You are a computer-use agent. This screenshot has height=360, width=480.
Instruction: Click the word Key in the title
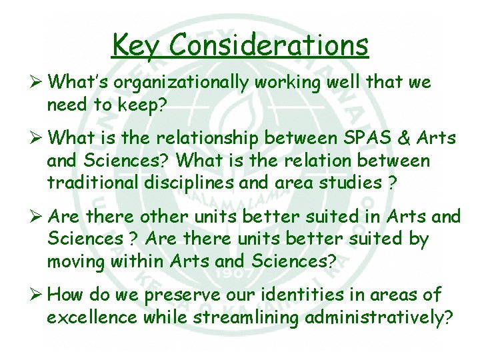(136, 45)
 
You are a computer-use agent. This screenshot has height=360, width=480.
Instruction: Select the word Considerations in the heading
(269, 45)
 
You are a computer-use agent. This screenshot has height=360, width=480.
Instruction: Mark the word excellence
(93, 317)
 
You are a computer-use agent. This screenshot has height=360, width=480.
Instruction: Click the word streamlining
(245, 318)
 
